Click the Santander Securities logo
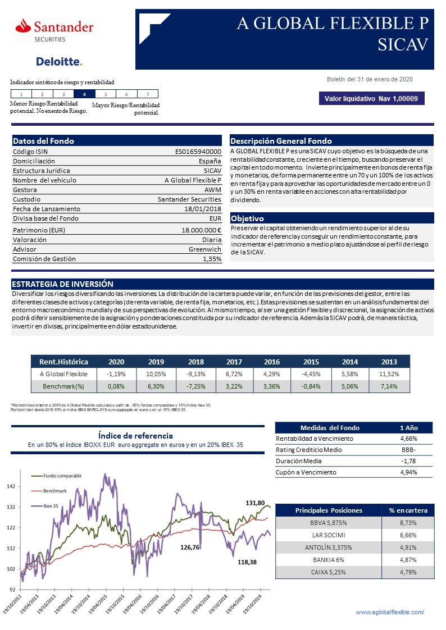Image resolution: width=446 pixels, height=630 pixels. [54, 29]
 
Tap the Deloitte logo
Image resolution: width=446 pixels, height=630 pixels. [59, 61]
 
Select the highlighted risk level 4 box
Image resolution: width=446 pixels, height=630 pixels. [84, 94]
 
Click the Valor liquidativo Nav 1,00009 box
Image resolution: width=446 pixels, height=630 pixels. [371, 99]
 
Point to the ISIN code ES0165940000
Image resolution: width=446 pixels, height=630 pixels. [198, 152]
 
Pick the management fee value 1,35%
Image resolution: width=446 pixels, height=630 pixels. [212, 259]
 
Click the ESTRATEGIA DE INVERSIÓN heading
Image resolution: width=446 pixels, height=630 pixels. [62, 284]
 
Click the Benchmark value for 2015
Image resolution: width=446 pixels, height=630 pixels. [311, 386]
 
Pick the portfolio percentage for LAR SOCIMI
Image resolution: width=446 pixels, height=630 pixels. [408, 534]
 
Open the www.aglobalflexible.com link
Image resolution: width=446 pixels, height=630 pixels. [390, 612]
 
